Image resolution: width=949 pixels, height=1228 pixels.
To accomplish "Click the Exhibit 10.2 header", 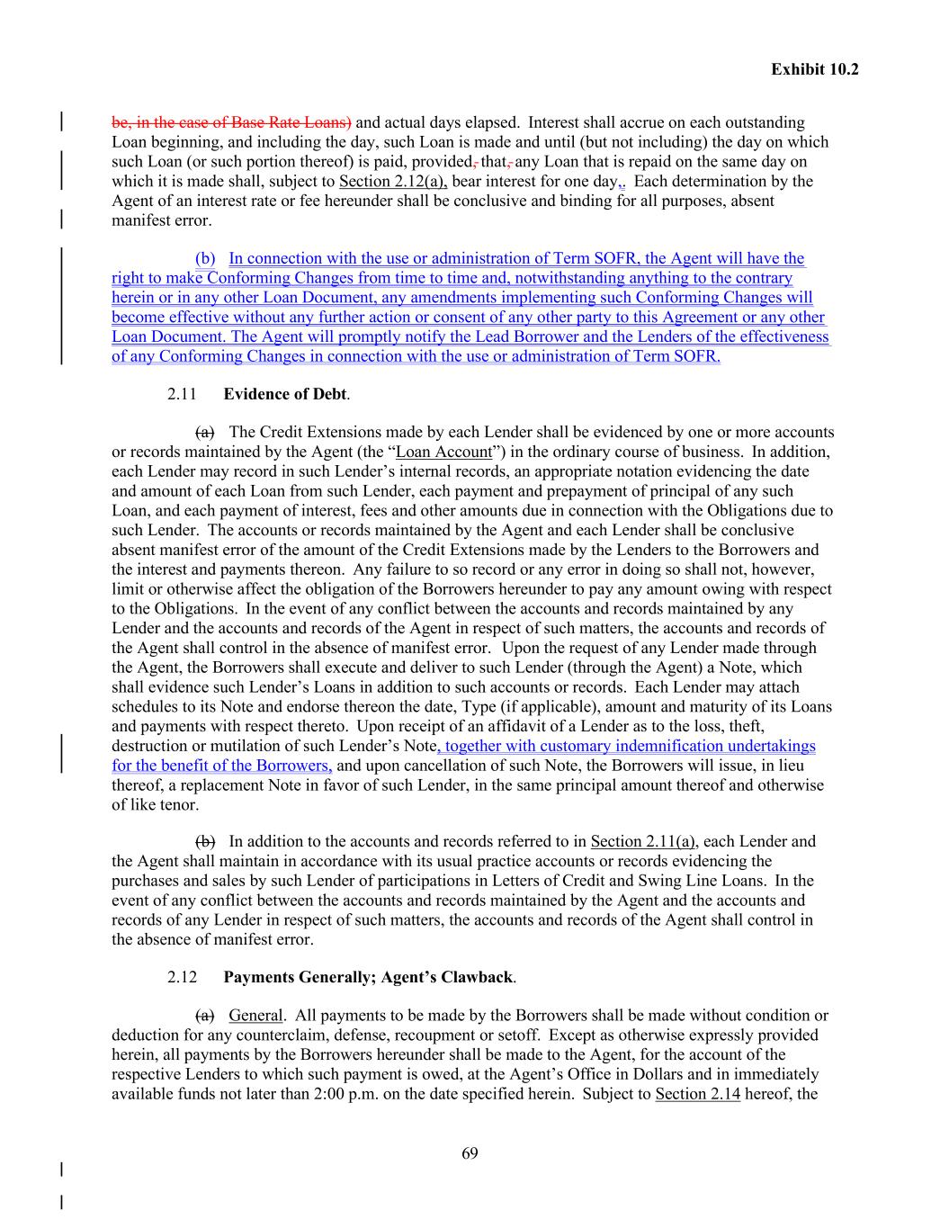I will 814,69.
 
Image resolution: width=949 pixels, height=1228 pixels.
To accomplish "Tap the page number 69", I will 470,1154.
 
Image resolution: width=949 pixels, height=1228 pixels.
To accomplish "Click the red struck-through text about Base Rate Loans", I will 231,122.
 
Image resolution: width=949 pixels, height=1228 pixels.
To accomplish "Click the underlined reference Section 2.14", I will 697,1095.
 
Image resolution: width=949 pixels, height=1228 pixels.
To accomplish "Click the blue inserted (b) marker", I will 205,259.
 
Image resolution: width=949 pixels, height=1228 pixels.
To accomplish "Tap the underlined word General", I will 255,1016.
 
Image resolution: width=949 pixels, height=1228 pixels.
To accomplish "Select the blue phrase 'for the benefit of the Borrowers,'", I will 222,766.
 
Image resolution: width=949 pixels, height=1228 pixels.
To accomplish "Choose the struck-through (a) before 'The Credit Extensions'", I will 205,433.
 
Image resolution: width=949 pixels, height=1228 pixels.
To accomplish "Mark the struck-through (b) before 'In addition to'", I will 205,842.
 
